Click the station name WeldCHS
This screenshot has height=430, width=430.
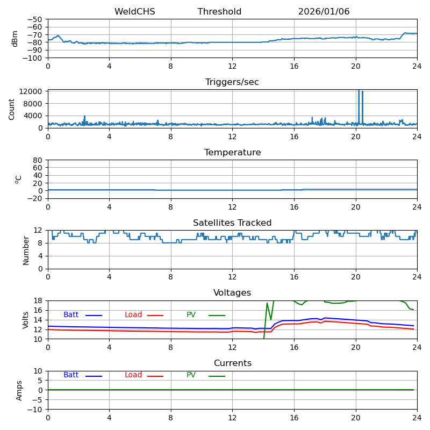[x=134, y=12]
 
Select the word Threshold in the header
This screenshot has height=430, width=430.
[x=219, y=12]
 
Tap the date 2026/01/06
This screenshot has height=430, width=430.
[x=324, y=12]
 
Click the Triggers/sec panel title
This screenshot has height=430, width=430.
[x=232, y=82]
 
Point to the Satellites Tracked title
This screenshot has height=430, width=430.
[x=232, y=223]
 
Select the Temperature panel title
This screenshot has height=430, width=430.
[x=232, y=153]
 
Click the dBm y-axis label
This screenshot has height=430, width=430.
[x=15, y=38]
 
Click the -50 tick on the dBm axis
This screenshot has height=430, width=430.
[x=35, y=19]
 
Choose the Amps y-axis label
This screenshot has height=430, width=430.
[x=19, y=390]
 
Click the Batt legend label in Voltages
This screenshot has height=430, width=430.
[x=71, y=315]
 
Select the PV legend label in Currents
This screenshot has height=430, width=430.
[x=191, y=375]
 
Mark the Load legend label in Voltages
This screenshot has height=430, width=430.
[x=133, y=315]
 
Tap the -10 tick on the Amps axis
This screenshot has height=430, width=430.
[x=35, y=410]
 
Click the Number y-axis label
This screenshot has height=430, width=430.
[x=26, y=249]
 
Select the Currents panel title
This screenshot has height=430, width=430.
[x=232, y=364]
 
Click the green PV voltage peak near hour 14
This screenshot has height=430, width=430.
[x=267, y=304]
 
